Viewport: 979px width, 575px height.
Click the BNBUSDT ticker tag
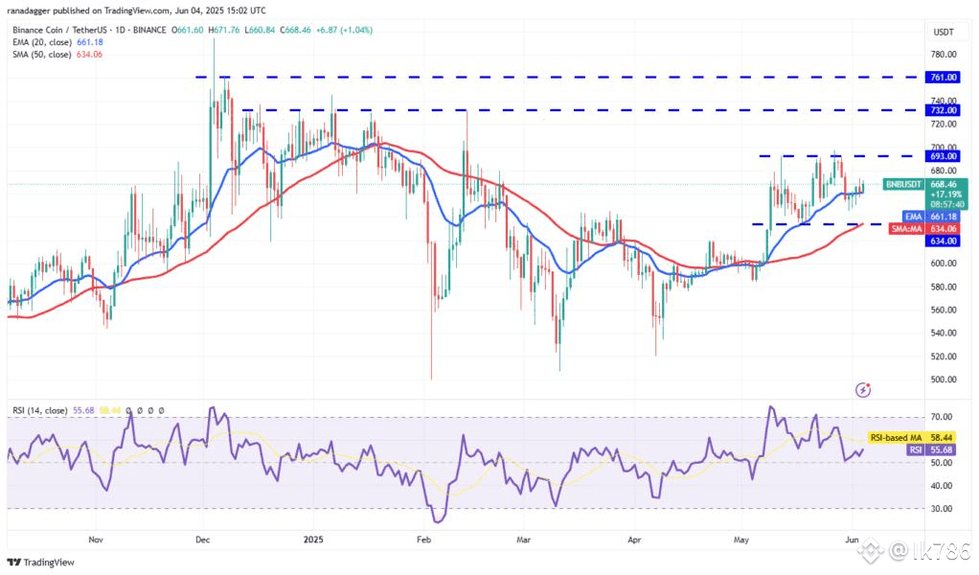902,183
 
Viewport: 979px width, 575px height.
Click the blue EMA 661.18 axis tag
943,217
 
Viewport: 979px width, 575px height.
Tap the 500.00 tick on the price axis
941,379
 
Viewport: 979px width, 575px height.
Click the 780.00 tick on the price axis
941,55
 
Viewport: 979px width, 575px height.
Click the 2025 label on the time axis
313,540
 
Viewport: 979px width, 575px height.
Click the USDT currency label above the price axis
943,32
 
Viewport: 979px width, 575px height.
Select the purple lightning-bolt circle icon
865,389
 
